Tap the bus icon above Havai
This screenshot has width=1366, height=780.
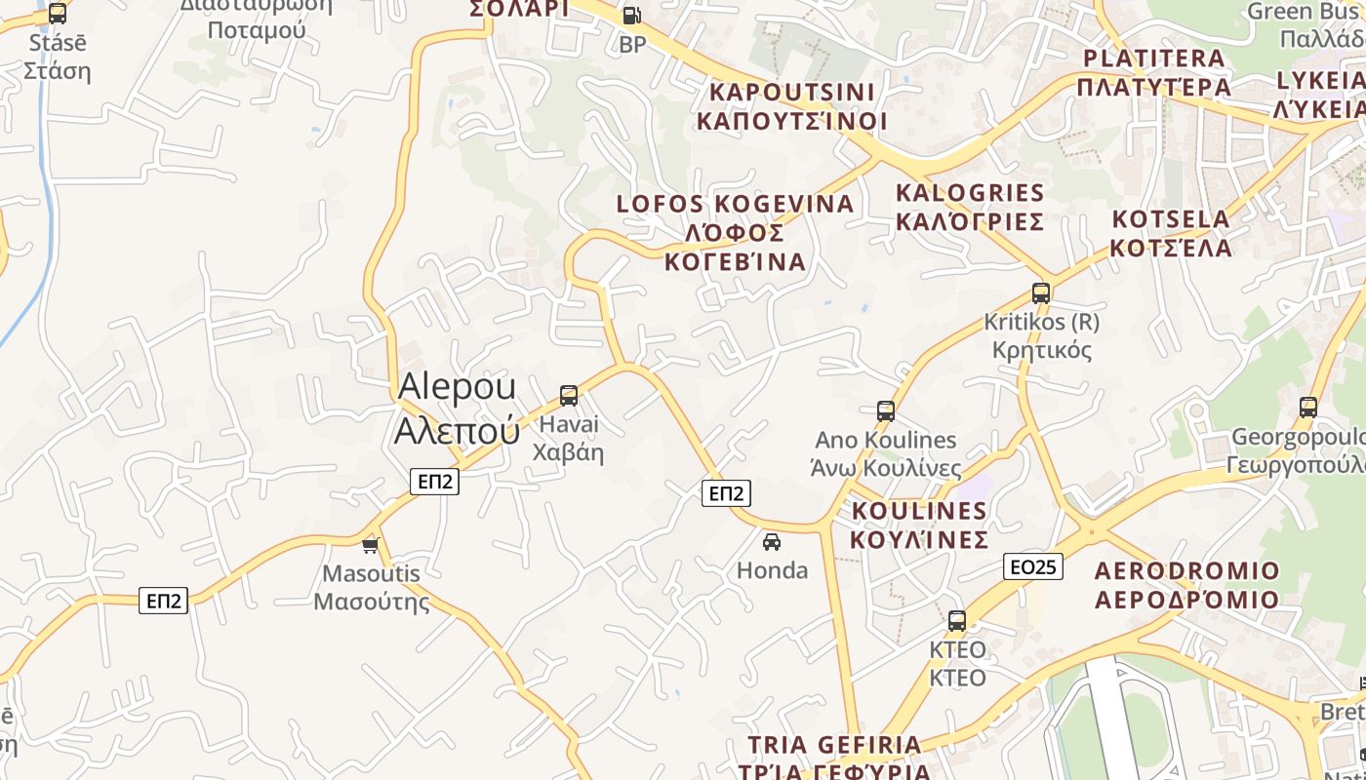coord(569,396)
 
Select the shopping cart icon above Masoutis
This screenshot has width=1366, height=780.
coord(370,545)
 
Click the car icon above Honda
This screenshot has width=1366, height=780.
coord(772,541)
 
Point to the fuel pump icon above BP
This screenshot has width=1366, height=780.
coord(632,16)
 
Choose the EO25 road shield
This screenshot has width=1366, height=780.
coord(1033,566)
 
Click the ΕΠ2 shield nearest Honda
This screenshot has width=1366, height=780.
coord(726,493)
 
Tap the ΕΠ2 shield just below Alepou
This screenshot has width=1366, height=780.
coord(434,481)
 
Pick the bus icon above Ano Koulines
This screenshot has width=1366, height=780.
coord(886,411)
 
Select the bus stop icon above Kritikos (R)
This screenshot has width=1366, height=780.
coord(1041,292)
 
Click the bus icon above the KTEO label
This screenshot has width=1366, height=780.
coord(957,620)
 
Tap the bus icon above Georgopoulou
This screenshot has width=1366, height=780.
coord(1308,408)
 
